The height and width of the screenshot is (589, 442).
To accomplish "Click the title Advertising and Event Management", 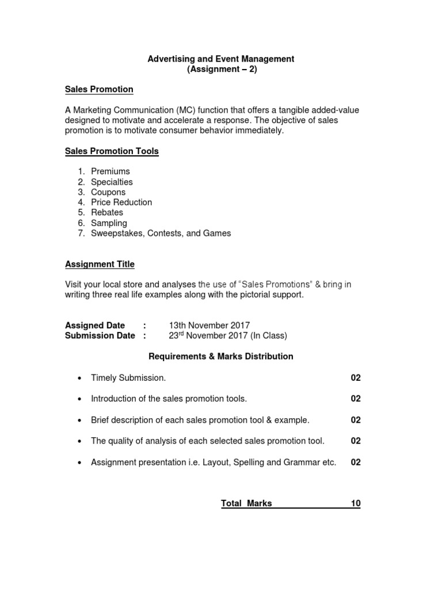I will (x=221, y=59).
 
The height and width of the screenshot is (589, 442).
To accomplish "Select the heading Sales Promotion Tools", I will (x=112, y=151).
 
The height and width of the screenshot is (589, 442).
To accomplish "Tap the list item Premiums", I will (x=110, y=171).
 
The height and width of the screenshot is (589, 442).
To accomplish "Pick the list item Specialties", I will (x=112, y=182).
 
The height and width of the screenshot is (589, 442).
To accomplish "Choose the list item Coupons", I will (x=108, y=192).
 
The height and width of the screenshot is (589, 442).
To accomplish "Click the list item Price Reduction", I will (x=121, y=202).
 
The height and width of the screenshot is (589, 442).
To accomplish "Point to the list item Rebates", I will (x=107, y=213).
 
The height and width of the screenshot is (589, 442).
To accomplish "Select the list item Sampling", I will (x=109, y=223).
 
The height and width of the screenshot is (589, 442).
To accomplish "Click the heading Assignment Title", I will (x=100, y=264).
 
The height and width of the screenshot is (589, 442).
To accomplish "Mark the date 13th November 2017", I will (x=209, y=326).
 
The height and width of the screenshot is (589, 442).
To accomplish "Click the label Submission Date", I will (x=100, y=336).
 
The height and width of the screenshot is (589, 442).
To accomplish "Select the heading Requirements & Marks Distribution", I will (x=221, y=357).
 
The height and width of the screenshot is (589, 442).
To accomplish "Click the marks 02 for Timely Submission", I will (x=356, y=378).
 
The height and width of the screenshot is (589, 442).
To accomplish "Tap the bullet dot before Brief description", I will (x=79, y=420).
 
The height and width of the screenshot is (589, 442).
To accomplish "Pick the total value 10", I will (x=356, y=504).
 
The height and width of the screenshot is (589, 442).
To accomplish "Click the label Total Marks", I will (x=246, y=504).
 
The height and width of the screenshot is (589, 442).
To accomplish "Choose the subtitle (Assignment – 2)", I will (x=221, y=69).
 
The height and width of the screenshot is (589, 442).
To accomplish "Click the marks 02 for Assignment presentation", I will (x=356, y=462).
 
